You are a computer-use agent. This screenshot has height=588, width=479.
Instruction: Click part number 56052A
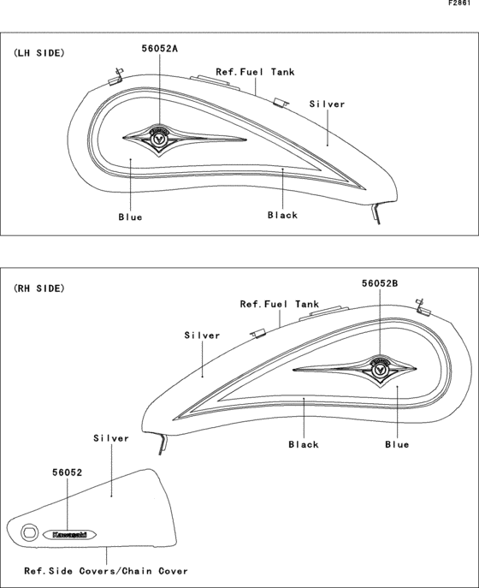tap(159, 49)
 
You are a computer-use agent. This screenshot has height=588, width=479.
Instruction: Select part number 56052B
tap(380, 283)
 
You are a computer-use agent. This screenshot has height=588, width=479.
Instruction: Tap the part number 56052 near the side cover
tap(67, 472)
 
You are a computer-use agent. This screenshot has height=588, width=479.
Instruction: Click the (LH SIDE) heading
tap(39, 53)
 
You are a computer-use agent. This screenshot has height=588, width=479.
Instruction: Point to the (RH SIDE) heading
tap(39, 288)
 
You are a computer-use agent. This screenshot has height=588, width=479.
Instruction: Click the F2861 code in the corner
tap(459, 3)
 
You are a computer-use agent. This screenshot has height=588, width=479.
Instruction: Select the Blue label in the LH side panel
tap(130, 217)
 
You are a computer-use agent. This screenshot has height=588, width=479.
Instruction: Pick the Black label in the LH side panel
tap(282, 215)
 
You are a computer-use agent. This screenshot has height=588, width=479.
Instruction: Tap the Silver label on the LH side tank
tap(327, 104)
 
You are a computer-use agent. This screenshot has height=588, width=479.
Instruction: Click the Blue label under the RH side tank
tap(397, 445)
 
